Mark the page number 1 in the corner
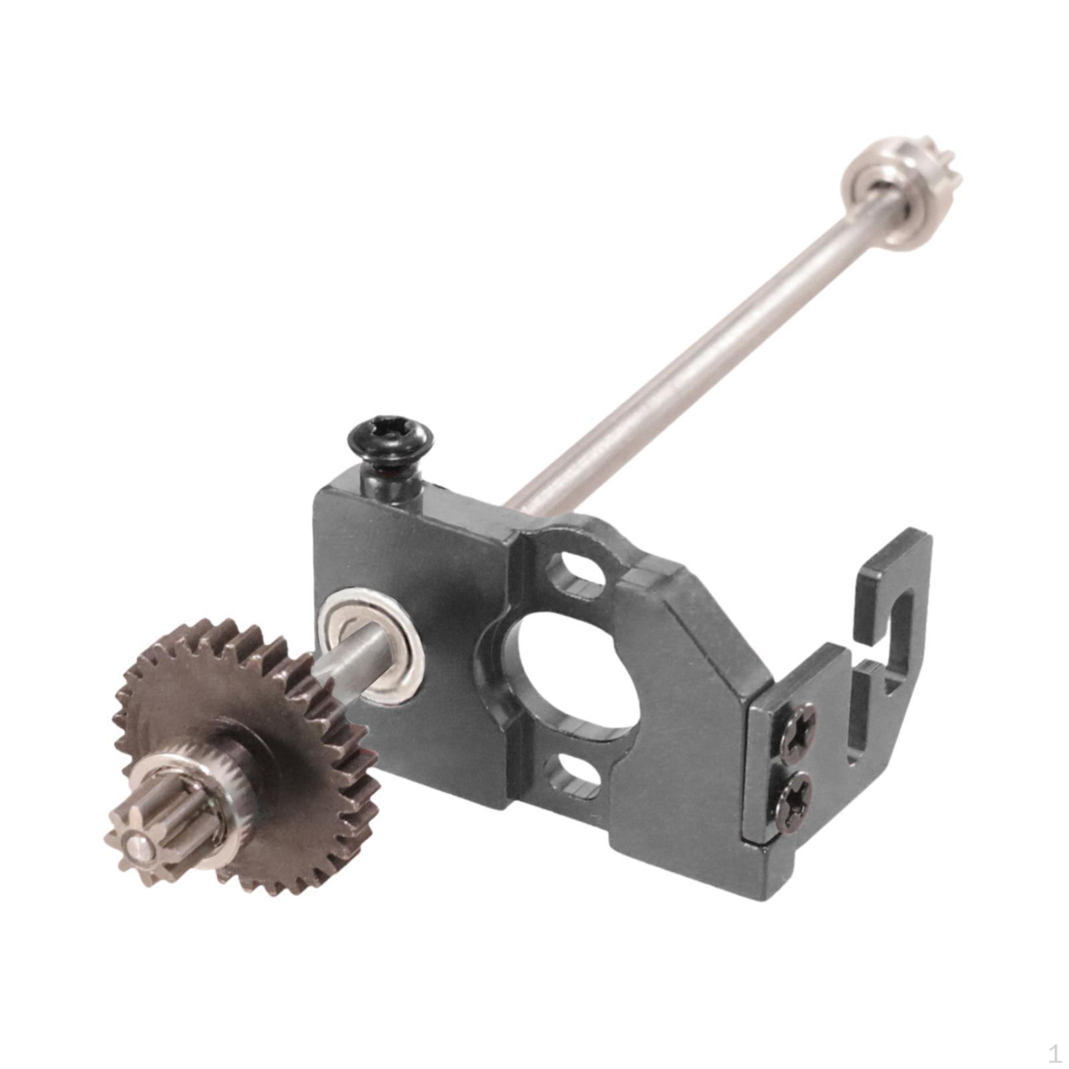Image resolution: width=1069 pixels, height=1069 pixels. pyautogui.click(x=1054, y=1054)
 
